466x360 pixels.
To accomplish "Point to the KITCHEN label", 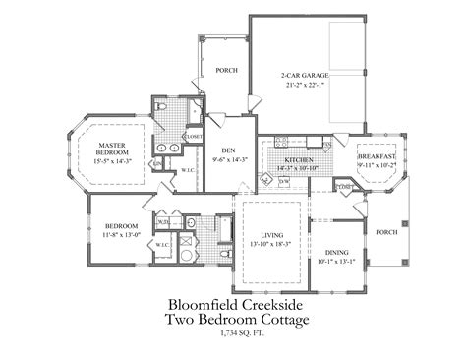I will (298, 159).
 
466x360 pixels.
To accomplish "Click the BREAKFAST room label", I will (376, 157).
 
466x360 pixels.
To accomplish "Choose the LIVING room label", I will (272, 235).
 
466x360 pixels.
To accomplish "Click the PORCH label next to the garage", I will (226, 70).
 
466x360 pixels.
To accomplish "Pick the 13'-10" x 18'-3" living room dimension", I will (272, 244).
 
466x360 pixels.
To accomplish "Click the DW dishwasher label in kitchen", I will (285, 180).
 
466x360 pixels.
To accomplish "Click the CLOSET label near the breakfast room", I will (345, 187).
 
